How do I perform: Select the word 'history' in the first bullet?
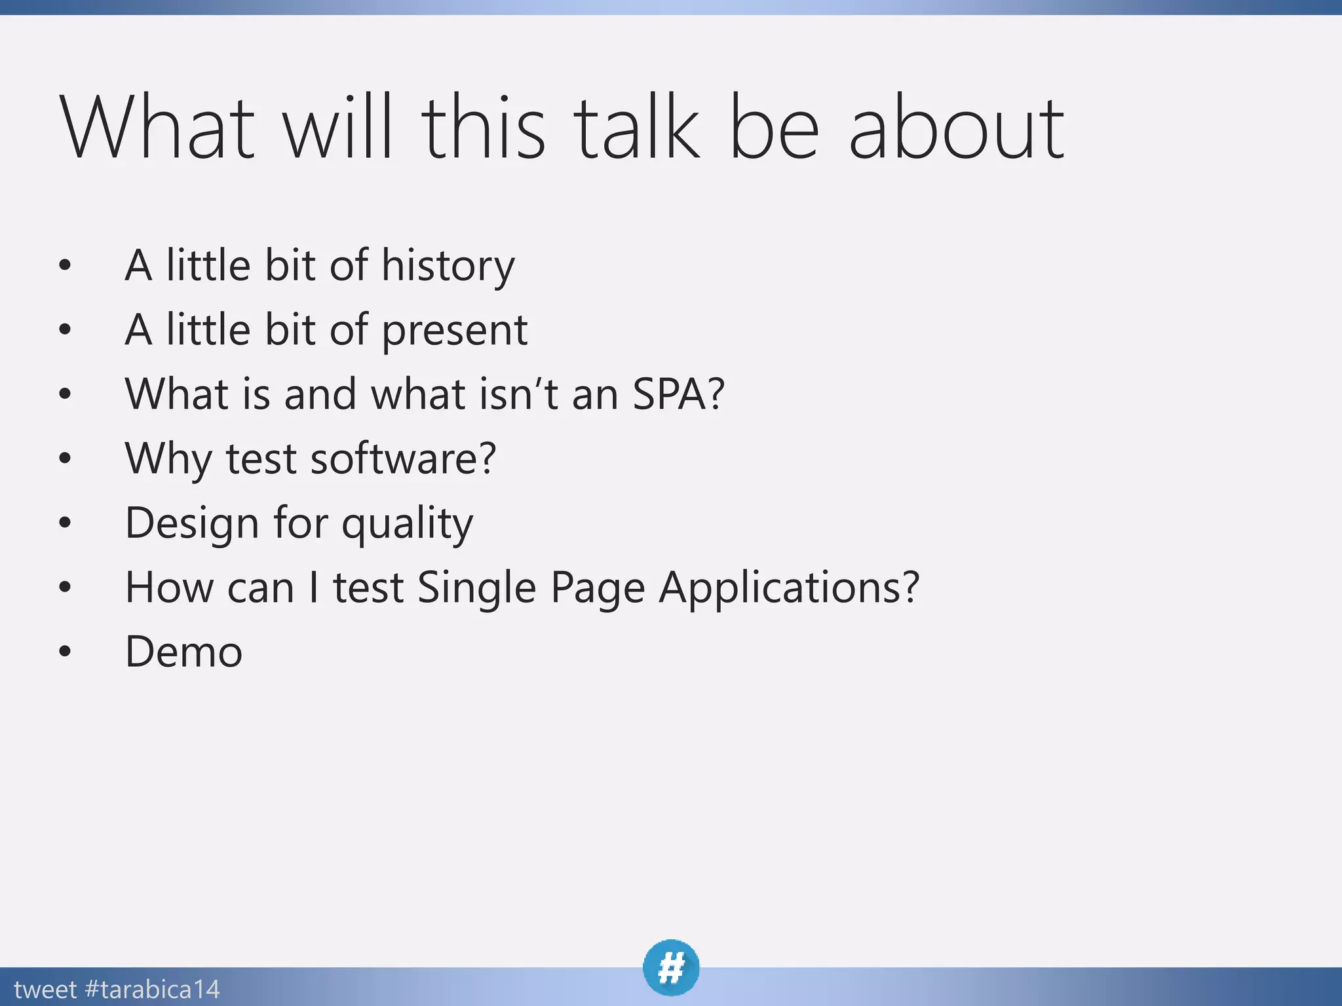pos(448,266)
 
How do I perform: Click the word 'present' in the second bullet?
pos(454,330)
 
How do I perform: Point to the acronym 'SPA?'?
pos(678,394)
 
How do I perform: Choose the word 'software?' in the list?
pos(403,458)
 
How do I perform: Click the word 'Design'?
pos(191,523)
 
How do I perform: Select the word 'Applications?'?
pos(789,587)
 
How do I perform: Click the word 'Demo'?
pos(183,652)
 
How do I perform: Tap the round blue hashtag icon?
pos(671,967)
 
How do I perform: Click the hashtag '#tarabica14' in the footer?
pos(152,989)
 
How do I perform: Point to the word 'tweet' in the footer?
pos(45,989)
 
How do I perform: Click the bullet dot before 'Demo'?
pos(64,652)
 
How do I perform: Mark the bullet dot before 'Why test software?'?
pos(64,458)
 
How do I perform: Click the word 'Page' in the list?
pos(597,587)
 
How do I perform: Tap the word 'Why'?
pos(168,458)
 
